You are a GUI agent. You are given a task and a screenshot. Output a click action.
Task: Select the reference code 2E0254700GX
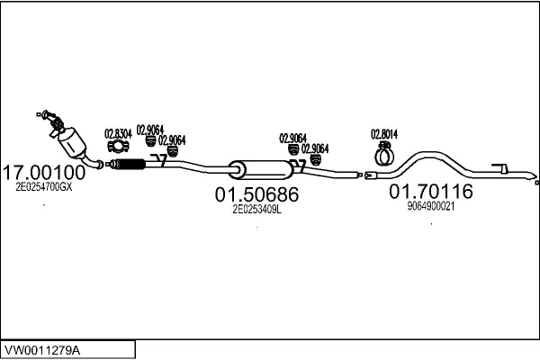44,187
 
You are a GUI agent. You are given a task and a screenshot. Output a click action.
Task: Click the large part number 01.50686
256,193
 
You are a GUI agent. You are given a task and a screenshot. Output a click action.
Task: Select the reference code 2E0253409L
257,209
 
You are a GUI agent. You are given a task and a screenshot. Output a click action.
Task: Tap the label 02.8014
384,135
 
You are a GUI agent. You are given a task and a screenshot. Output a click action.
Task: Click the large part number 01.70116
430,192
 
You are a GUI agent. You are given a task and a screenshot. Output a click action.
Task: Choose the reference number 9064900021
431,206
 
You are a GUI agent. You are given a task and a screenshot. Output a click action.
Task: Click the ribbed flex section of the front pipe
130,164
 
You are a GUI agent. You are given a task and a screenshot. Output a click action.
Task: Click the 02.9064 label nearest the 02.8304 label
149,129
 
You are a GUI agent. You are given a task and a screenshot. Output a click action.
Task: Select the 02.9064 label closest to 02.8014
315,148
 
